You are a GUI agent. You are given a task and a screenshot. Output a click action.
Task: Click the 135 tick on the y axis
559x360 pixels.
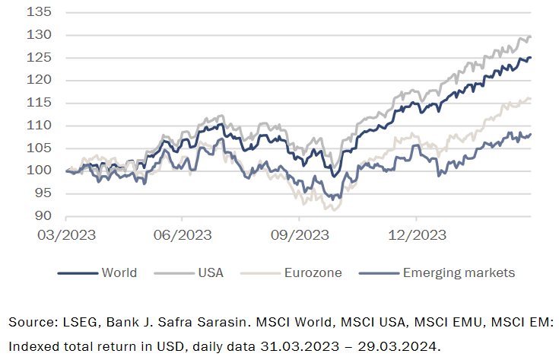tap(43, 12)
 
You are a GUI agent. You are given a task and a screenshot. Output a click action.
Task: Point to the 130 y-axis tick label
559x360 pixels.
tap(43, 35)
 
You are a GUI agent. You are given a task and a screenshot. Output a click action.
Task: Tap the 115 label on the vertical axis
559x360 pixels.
tap(43, 103)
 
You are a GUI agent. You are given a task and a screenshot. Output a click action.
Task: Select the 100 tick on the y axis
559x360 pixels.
tap(43, 170)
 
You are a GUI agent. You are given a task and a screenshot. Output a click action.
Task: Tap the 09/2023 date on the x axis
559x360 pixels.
tap(299, 234)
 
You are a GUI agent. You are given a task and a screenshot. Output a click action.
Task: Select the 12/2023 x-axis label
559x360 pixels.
tap(415, 234)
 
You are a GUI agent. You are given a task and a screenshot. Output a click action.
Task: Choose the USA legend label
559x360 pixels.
tap(210, 272)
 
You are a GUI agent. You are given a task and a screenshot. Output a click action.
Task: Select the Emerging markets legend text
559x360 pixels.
tap(459, 272)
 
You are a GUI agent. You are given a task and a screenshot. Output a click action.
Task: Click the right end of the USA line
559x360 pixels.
tap(530, 37)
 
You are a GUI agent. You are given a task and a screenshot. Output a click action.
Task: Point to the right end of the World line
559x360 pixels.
tap(530, 57)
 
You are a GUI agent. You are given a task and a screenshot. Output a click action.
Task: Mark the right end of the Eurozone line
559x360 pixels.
tap(530, 98)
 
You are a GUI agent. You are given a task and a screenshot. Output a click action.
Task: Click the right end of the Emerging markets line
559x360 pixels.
tap(530, 134)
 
